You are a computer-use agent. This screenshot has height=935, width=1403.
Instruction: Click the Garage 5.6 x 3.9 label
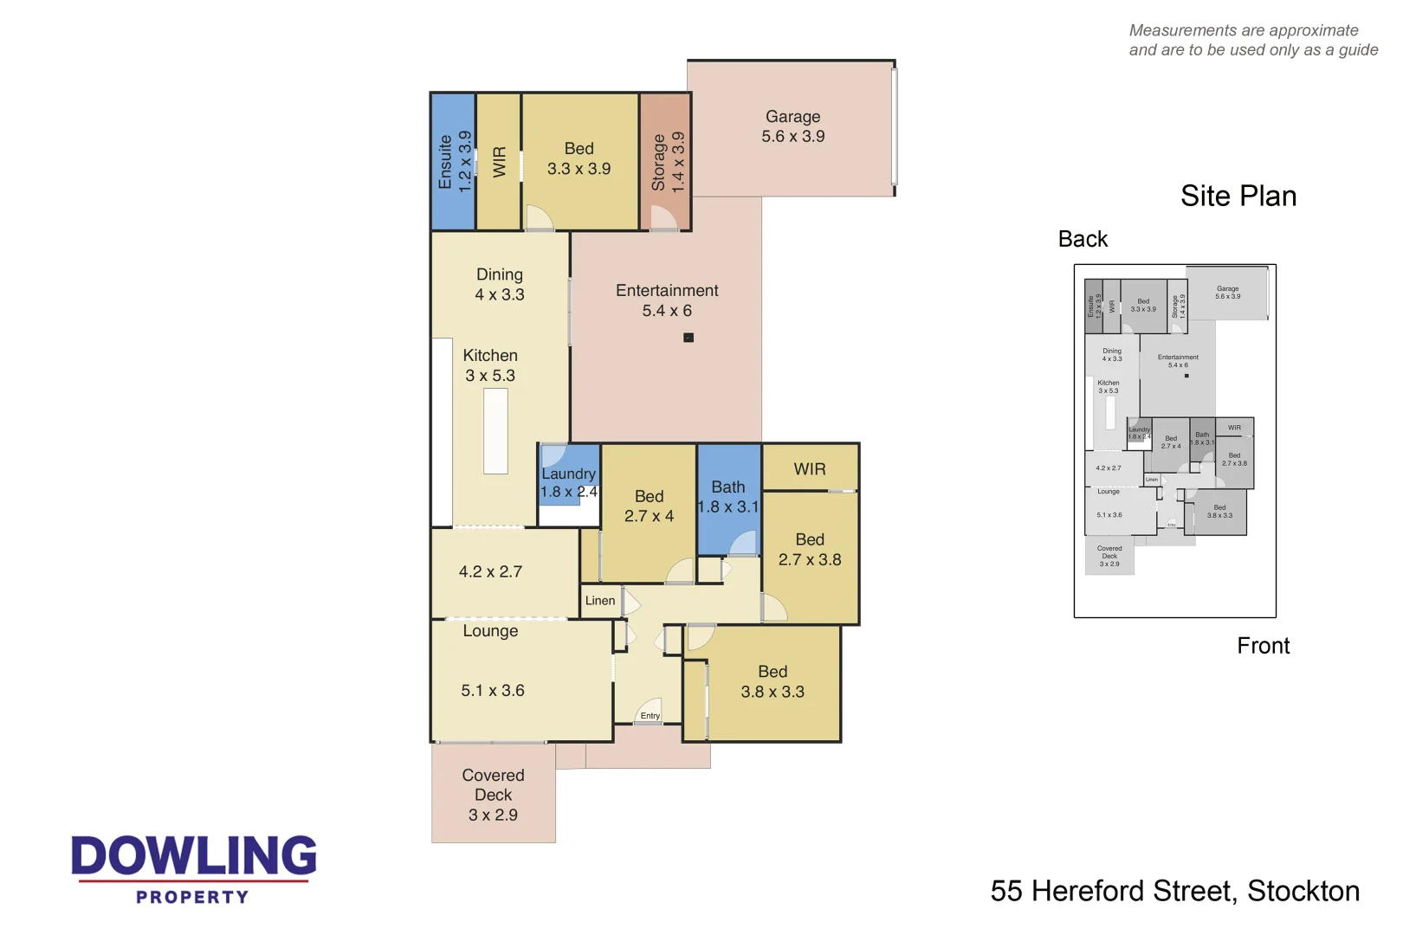pyautogui.click(x=792, y=126)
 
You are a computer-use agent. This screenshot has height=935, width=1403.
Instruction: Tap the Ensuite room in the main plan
pyautogui.click(x=453, y=161)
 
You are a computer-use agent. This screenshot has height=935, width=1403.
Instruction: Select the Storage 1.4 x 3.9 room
pyautogui.click(x=666, y=161)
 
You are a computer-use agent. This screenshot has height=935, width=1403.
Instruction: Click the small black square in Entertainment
pyautogui.click(x=689, y=338)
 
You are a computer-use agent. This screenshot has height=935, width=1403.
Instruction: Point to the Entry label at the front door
pyautogui.click(x=650, y=716)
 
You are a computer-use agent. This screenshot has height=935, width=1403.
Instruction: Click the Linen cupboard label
pyautogui.click(x=599, y=601)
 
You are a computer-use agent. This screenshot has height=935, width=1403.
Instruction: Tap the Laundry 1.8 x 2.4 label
pyautogui.click(x=568, y=482)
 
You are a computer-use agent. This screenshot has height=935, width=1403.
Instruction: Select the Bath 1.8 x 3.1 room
pyautogui.click(x=728, y=497)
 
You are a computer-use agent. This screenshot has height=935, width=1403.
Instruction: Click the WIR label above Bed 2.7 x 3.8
pyautogui.click(x=810, y=469)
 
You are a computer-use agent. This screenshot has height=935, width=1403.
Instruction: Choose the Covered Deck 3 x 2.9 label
pyautogui.click(x=493, y=795)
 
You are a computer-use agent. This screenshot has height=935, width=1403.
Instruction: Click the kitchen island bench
pyautogui.click(x=495, y=430)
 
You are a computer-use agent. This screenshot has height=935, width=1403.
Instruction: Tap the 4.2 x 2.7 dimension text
pyautogui.click(x=490, y=572)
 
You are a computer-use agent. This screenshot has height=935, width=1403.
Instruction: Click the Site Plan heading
pyautogui.click(x=1238, y=197)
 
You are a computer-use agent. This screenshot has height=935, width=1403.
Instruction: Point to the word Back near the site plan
pyautogui.click(x=1083, y=240)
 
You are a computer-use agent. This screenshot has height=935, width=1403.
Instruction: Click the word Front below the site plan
pyautogui.click(x=1263, y=646)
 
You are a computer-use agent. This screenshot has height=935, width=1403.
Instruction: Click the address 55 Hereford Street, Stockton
pyautogui.click(x=1174, y=891)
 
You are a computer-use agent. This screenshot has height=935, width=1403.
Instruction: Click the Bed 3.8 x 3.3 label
pyautogui.click(x=773, y=681)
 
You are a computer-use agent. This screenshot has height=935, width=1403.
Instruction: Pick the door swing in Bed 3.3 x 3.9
pyautogui.click(x=538, y=218)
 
